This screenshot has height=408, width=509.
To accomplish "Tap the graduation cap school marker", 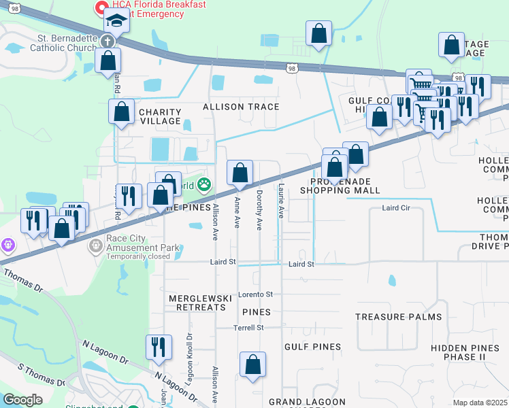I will [x=116, y=23].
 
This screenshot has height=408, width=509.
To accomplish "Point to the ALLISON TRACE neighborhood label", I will [x=241, y=107].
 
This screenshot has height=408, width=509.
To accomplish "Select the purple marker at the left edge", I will [x=7, y=243].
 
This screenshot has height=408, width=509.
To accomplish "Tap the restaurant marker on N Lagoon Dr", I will [x=158, y=347].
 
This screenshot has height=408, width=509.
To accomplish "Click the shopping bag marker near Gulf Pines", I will [x=252, y=364].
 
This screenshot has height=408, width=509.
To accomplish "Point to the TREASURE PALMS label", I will [x=398, y=317].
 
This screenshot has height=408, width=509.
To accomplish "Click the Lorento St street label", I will [x=255, y=294].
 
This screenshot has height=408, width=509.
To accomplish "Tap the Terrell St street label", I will [x=248, y=328].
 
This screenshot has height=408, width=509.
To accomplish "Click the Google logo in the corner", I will [x=22, y=400].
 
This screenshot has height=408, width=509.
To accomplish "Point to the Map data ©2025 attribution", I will [x=480, y=403].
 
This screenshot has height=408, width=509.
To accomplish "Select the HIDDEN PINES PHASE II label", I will [x=468, y=352].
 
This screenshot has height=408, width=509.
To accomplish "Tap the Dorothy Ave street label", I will [x=259, y=210].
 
